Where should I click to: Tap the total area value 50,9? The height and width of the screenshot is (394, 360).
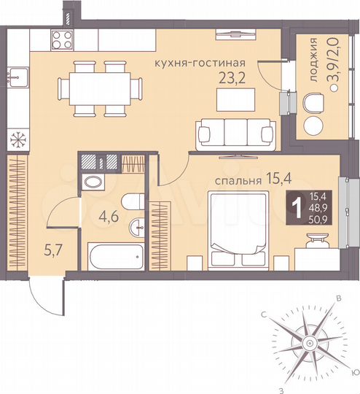(x=320, y=217)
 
